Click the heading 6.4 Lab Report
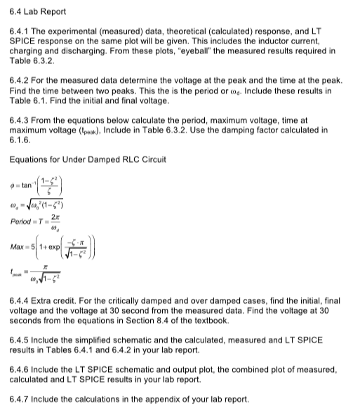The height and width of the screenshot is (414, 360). pos(36,9)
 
